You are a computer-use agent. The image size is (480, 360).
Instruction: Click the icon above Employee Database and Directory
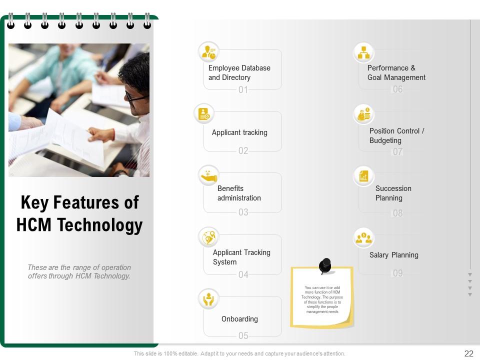208,51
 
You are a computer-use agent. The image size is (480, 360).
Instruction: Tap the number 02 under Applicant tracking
243,150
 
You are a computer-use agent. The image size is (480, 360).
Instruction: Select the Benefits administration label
239,193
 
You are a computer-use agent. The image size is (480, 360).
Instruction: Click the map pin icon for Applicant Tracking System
208,237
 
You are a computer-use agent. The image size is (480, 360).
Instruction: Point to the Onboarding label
239,319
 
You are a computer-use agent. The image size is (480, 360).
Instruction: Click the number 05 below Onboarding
243,335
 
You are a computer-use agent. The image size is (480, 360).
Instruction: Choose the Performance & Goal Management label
396,72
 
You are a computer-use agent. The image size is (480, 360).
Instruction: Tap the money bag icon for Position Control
363,114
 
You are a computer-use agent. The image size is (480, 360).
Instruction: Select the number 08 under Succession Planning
397,213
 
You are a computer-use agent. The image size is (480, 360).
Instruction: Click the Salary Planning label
394,255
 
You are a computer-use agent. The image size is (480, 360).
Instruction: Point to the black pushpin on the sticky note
325,265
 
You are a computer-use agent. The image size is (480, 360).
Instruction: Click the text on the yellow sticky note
322,299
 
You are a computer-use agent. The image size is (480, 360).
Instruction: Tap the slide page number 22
468,353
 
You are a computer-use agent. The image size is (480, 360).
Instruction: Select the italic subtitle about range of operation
79,271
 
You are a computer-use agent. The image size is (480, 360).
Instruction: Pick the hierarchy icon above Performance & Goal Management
363,52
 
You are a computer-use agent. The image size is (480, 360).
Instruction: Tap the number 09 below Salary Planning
397,273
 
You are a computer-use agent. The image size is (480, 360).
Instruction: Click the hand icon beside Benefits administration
208,175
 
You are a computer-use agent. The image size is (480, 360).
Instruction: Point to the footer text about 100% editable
239,353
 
